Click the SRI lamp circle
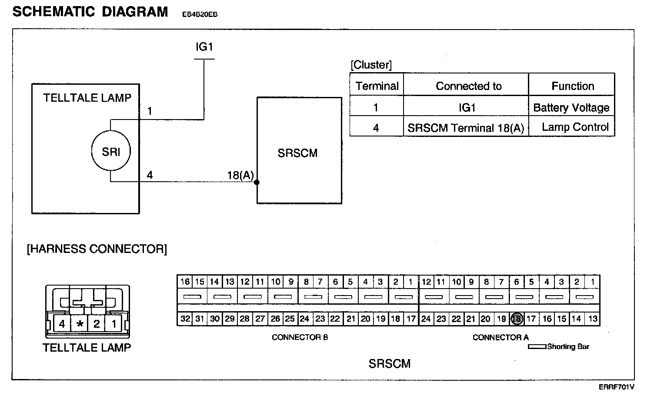tap(111, 152)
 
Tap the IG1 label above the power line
tap(204, 47)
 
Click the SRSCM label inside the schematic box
tap(297, 153)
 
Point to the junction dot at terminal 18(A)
tap(257, 182)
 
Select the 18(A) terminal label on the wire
tap(240, 175)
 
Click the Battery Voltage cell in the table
tap(571, 107)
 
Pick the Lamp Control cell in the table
tap(575, 127)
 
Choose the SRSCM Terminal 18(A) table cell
tap(466, 128)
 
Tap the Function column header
tap(573, 86)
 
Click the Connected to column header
tap(468, 86)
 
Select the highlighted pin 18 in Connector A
tap(517, 319)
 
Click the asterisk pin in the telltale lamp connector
tap(80, 324)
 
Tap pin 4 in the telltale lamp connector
tap(62, 324)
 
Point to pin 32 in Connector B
tap(185, 319)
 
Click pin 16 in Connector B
tap(185, 282)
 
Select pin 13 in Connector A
tap(592, 319)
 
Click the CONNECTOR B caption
tap(300, 337)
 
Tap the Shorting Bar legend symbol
tap(537, 347)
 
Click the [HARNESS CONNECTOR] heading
tap(97, 249)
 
